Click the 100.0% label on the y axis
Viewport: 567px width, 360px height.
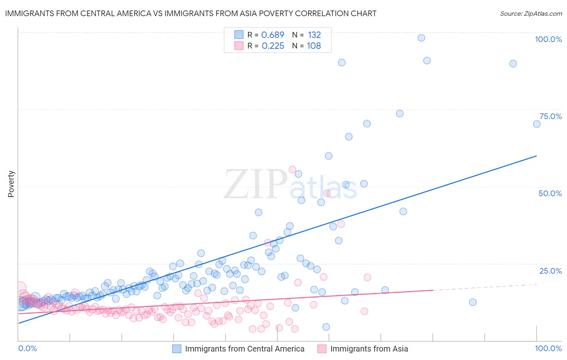548,39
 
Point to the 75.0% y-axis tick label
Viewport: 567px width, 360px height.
550,116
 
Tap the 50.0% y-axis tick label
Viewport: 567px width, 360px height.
550,193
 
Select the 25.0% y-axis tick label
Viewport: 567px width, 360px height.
550,271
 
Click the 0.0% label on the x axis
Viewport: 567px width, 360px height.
27,348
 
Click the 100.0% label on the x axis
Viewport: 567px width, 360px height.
548,348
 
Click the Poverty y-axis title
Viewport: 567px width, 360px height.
11,184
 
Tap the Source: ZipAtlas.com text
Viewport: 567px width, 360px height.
531,13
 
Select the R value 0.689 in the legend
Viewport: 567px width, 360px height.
273,35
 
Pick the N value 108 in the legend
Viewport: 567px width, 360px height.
314,46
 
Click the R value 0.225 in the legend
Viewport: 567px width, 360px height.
273,46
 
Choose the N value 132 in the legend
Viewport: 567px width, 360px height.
314,35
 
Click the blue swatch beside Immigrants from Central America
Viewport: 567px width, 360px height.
177,349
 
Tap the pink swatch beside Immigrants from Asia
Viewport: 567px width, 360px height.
322,349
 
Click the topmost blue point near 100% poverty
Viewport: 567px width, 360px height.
421,38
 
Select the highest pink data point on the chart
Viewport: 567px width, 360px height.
292,170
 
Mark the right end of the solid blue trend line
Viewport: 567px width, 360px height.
536,156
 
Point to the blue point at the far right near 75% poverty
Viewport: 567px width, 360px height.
537,124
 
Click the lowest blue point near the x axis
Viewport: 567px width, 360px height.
326,327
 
